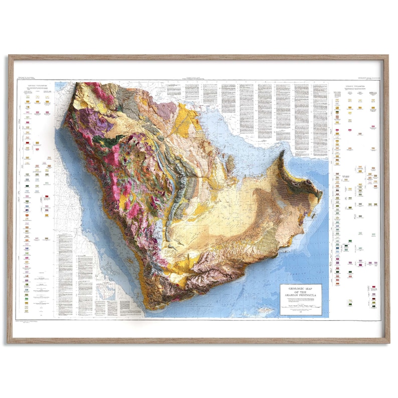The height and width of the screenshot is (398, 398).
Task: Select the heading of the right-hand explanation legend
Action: tap(355, 86)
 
